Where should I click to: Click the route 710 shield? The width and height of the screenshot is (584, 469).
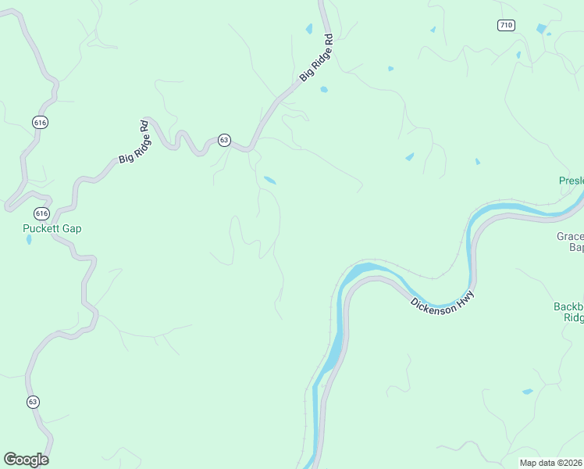click(506, 25)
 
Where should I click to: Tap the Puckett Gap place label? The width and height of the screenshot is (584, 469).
click(52, 229)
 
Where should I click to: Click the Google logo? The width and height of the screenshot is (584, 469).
click(26, 459)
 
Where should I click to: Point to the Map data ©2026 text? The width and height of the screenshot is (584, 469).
click(551, 463)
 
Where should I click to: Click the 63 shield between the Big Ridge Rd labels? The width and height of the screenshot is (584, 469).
click(224, 140)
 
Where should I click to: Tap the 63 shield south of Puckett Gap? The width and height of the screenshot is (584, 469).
click(32, 402)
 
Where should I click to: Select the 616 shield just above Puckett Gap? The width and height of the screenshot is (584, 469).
click(41, 213)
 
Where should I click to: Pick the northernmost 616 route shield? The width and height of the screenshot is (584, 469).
click(40, 122)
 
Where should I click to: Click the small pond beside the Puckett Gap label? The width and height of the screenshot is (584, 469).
click(29, 240)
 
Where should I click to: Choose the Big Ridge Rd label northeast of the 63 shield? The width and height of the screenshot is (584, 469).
click(317, 58)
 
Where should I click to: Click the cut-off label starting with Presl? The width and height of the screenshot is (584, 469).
click(571, 181)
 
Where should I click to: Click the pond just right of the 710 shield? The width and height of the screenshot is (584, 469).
click(541, 29)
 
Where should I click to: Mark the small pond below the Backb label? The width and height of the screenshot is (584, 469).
click(527, 391)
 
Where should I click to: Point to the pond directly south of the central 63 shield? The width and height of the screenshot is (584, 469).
click(269, 181)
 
